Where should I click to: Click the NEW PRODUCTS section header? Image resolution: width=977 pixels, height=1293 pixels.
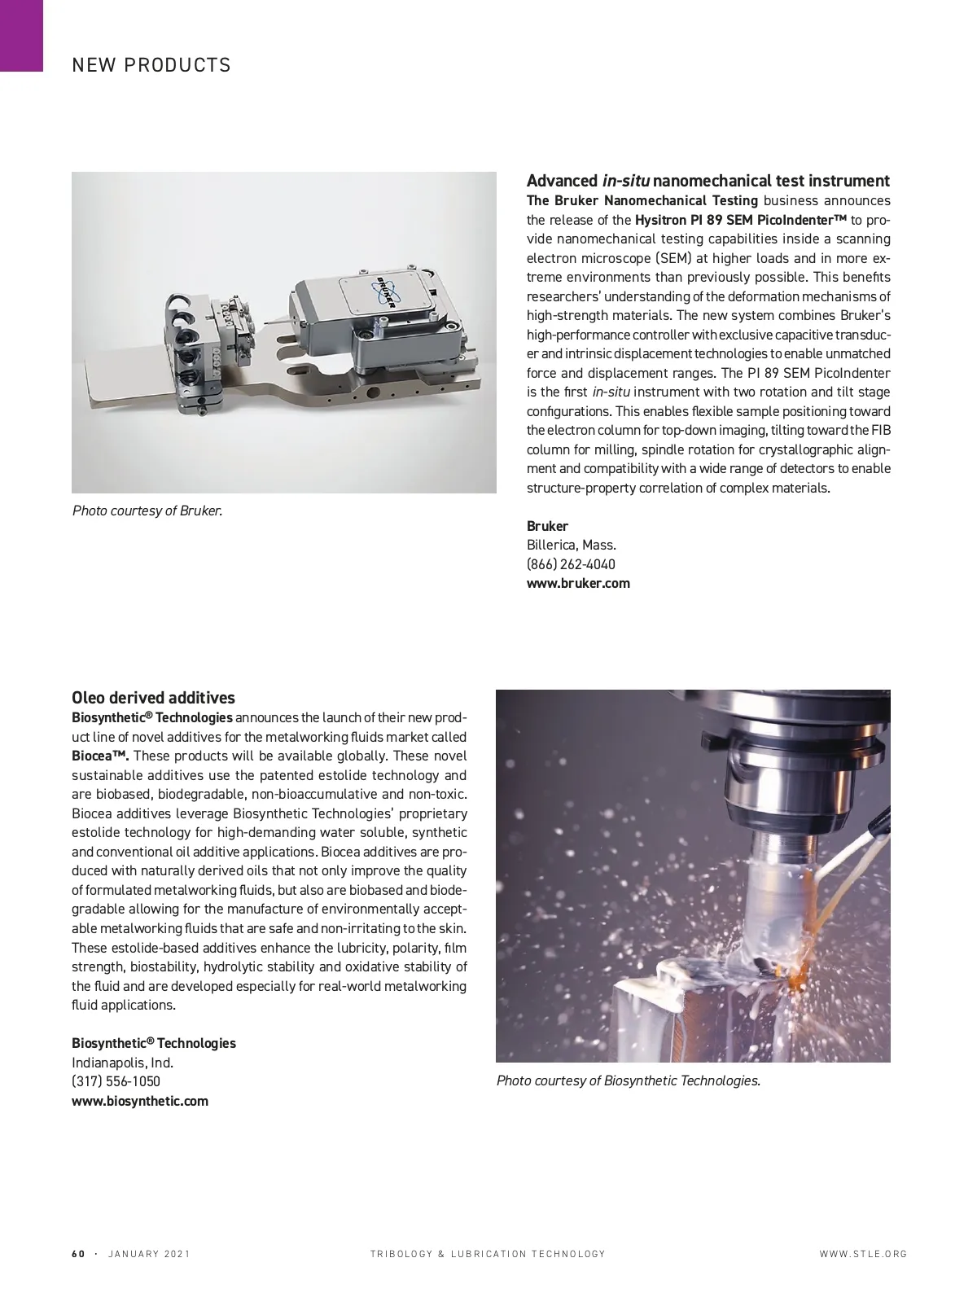tap(151, 65)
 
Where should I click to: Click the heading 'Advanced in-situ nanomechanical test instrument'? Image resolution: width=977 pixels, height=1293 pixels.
tap(708, 181)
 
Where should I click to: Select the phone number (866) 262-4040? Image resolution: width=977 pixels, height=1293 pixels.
tap(571, 564)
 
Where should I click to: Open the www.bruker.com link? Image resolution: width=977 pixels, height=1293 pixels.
tap(578, 583)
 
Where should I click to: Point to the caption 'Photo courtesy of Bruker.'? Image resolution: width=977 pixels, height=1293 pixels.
tap(147, 511)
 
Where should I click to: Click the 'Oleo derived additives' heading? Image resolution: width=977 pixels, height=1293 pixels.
tap(153, 698)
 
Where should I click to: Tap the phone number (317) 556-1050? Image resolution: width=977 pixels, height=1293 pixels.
tap(116, 1081)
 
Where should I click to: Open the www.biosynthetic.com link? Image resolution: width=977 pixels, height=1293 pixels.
tap(140, 1101)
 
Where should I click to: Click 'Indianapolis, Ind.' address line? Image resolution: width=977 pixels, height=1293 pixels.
tap(122, 1063)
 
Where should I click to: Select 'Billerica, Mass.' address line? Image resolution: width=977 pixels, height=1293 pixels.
tap(571, 545)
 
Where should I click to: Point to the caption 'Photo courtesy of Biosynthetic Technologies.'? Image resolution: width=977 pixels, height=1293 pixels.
tap(628, 1080)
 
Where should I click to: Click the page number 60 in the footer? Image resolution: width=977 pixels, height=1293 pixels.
tap(78, 1254)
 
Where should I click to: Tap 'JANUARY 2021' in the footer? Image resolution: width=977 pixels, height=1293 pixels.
tap(149, 1254)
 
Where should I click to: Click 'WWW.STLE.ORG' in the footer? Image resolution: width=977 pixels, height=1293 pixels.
tap(863, 1254)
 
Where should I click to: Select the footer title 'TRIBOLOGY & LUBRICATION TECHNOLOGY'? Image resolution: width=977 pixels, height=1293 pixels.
tap(488, 1254)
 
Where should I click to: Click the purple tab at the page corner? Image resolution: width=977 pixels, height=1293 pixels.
tap(21, 35)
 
